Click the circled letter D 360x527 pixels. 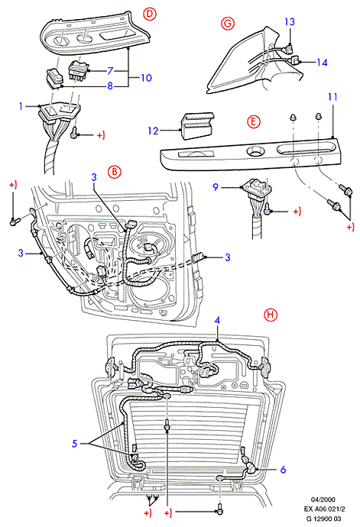[150, 14]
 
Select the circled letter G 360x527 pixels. [228, 24]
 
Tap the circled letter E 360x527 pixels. [253, 121]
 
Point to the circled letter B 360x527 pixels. [115, 172]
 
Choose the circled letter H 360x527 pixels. [270, 315]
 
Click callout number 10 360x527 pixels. [146, 78]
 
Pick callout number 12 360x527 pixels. [153, 131]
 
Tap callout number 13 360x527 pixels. [290, 22]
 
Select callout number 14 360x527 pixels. [322, 63]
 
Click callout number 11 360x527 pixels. [332, 97]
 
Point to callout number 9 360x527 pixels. [216, 187]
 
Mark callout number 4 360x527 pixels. [217, 320]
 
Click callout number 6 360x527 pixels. [283, 469]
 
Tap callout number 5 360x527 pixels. [75, 444]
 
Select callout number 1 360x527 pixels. [21, 106]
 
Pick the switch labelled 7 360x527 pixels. [78, 70]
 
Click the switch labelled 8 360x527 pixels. [54, 78]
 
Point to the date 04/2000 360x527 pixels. [323, 500]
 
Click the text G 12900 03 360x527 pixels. [323, 519]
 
